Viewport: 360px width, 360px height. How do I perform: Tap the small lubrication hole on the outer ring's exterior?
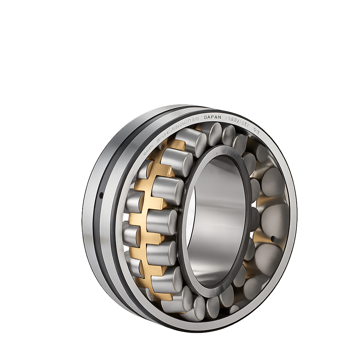(x=101, y=194)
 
